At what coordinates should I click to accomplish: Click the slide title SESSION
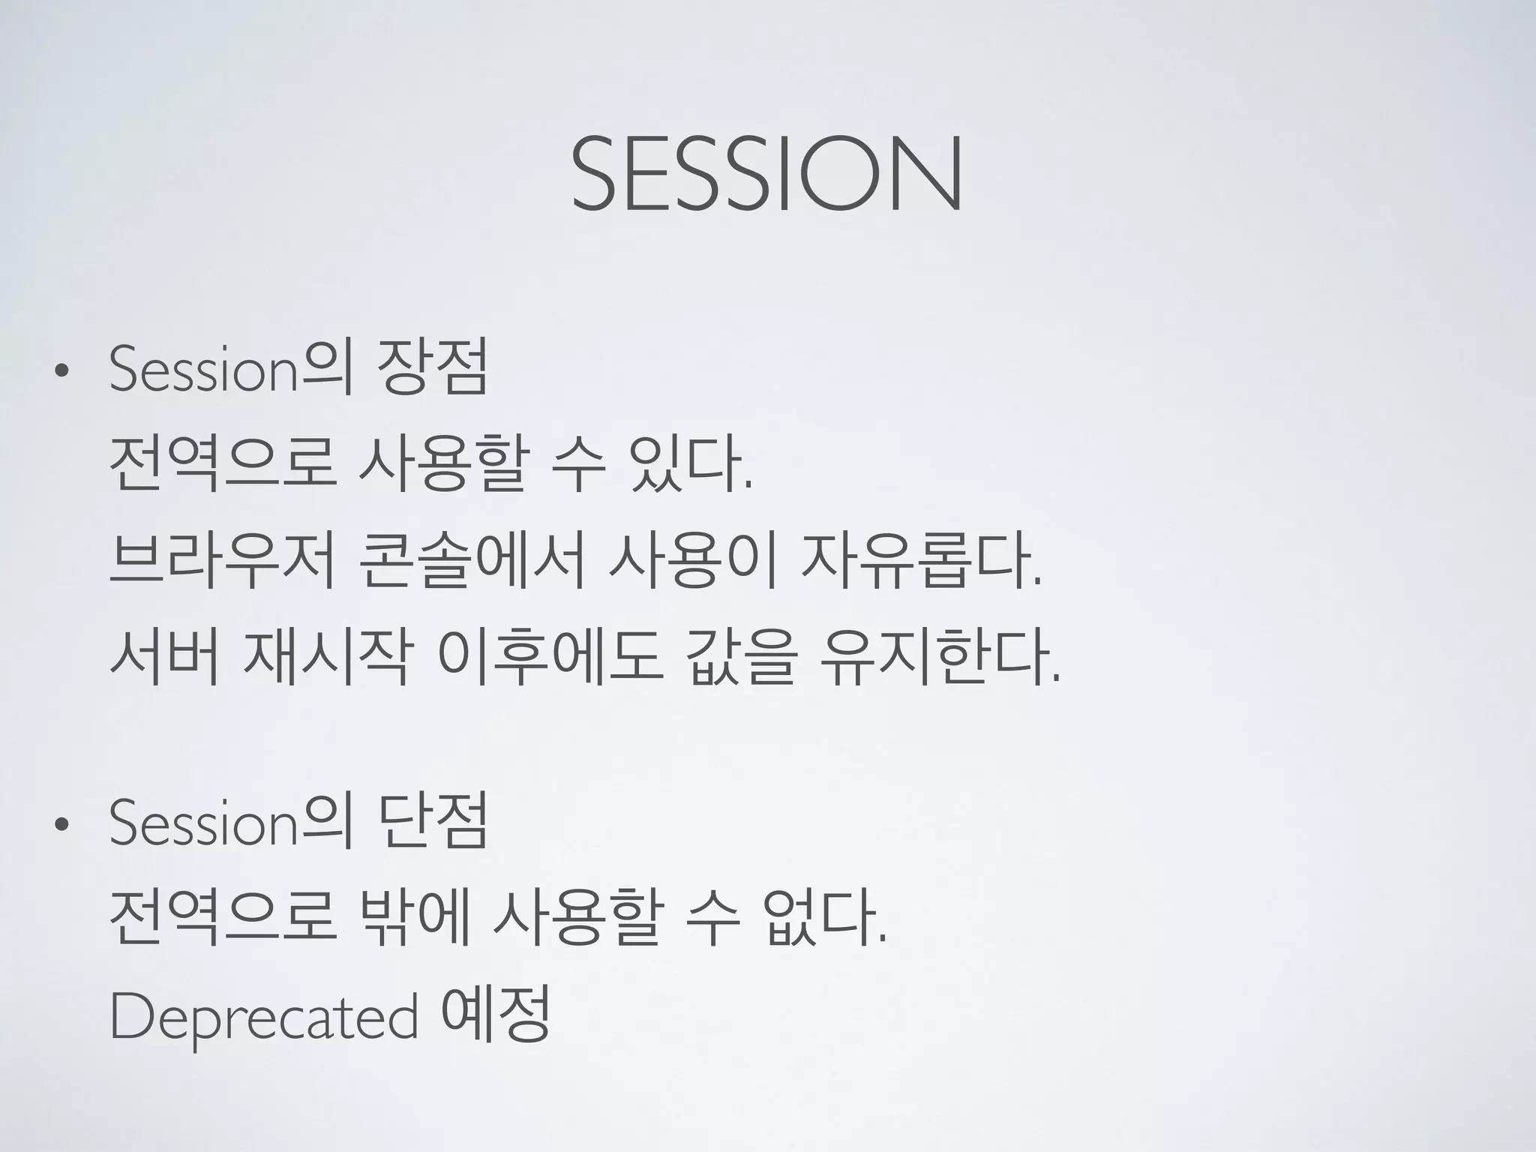[x=766, y=174]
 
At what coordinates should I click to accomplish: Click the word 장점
[x=434, y=367]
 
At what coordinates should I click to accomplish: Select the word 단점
[x=434, y=821]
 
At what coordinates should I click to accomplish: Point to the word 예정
[x=496, y=1014]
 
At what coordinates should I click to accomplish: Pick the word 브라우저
[x=222, y=562]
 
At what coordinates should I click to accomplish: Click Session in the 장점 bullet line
[x=203, y=370]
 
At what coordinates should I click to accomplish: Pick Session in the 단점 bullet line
[x=203, y=823]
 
